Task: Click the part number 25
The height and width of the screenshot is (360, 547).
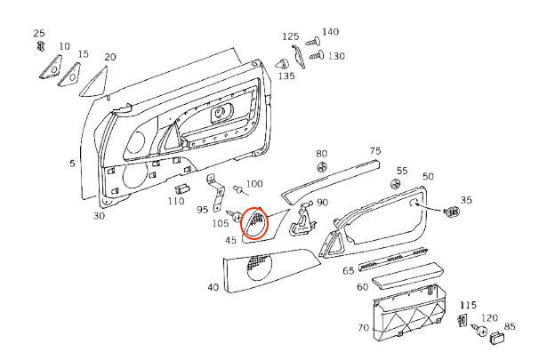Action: pos(38,34)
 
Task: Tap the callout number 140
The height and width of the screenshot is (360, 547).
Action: pos(330,32)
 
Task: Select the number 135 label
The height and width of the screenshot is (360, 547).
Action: pos(286,76)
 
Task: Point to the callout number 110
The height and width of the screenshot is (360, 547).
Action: pos(175,202)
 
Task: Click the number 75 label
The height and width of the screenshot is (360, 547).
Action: pos(374,151)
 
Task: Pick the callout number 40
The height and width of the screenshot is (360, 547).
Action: pos(213,287)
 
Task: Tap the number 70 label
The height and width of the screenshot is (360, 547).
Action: pos(362,328)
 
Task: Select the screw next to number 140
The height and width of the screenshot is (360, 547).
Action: pos(312,41)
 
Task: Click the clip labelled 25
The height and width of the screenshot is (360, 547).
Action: pos(38,48)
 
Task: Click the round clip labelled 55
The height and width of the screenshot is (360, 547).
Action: pos(397,183)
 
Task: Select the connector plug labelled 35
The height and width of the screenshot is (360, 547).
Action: pos(454,212)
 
